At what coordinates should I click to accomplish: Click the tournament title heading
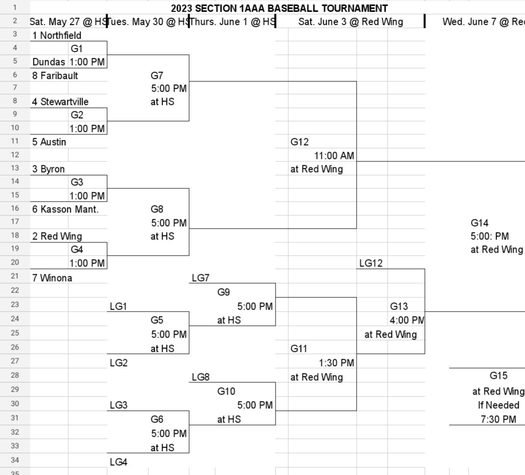tap(279, 8)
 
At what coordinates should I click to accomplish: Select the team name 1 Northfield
tap(57, 35)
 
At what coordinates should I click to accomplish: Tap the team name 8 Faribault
tap(55, 76)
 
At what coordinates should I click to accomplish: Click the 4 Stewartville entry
tap(61, 102)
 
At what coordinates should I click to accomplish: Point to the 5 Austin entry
tap(49, 142)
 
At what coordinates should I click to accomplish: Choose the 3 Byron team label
tap(49, 169)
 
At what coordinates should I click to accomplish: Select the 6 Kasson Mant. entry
tap(62, 209)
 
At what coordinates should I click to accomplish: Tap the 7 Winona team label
tap(52, 278)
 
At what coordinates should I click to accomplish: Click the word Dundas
tap(49, 62)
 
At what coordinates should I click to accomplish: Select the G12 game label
tap(300, 142)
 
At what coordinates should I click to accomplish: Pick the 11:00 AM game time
tap(334, 156)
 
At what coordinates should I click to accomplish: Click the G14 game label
tap(479, 223)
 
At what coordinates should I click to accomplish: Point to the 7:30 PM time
tap(498, 419)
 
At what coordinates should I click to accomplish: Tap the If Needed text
tap(498, 405)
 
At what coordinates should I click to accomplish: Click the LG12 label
tap(371, 264)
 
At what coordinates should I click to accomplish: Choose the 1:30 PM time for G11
tap(336, 363)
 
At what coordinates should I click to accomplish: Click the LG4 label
tap(118, 462)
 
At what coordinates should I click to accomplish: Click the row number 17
tap(14, 222)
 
